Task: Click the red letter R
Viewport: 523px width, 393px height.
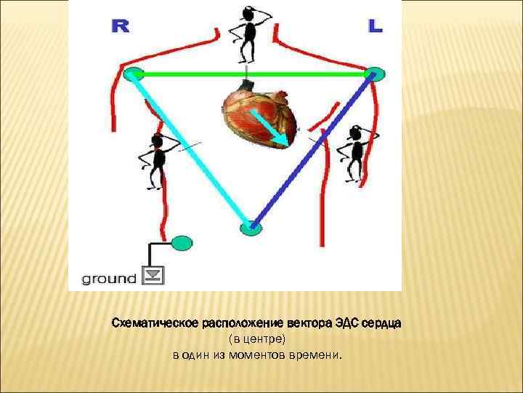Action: [x=120, y=27]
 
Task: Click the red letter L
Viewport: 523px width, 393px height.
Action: [x=375, y=27]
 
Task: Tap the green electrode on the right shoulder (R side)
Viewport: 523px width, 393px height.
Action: [x=132, y=74]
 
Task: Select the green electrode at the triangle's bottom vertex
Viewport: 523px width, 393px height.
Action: [x=250, y=227]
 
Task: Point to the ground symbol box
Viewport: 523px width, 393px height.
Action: [x=154, y=276]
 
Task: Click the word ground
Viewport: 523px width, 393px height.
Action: [x=108, y=278]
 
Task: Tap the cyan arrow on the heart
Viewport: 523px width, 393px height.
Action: [x=273, y=130]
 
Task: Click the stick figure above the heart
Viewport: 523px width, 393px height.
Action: [x=246, y=33]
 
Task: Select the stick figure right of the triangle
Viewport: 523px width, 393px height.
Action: [x=355, y=152]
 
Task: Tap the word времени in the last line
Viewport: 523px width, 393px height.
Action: [x=317, y=356]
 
